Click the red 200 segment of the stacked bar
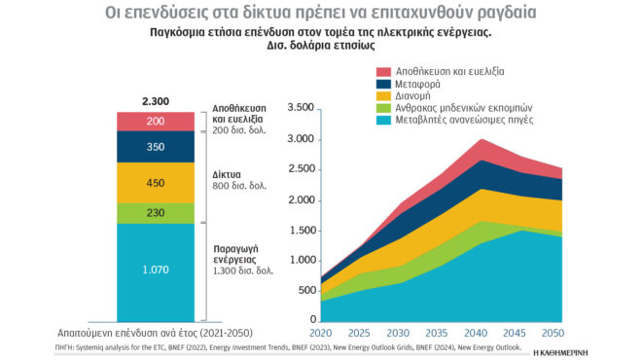pyautogui.click(x=155, y=122)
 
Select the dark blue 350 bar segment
pyautogui.click(x=155, y=146)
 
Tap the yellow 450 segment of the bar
pyautogui.click(x=155, y=182)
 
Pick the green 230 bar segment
pyautogui.click(x=155, y=213)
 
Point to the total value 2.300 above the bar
pyautogui.click(x=156, y=101)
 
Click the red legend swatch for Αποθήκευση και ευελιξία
pyautogui.click(x=383, y=72)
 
